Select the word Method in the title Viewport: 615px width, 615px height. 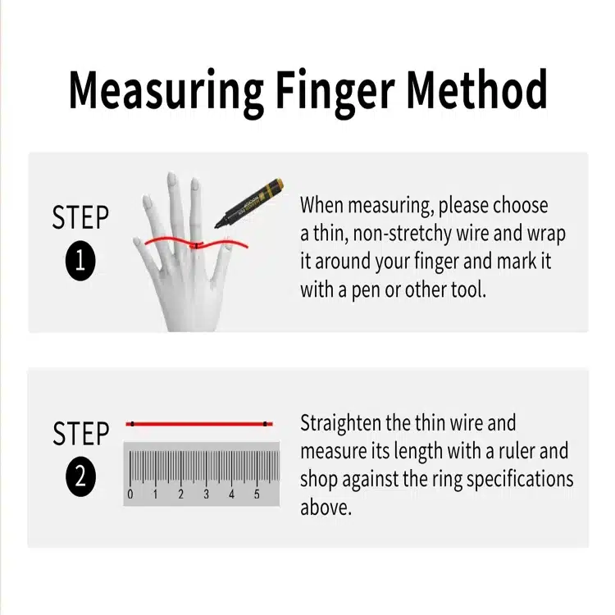click(476, 89)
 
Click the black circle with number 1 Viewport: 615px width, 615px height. click(80, 261)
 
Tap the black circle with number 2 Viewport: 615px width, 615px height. click(81, 476)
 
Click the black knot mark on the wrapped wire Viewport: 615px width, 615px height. click(195, 246)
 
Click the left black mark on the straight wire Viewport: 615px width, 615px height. click(133, 424)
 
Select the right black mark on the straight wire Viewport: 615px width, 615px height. click(266, 424)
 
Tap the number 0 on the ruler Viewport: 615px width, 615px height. click(130, 494)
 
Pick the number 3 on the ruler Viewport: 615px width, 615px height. click(207, 494)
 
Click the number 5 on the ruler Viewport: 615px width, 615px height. click(257, 494)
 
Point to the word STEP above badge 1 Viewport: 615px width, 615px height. click(80, 217)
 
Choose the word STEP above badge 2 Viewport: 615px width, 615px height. click(81, 433)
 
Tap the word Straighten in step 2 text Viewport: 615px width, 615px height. click(340, 424)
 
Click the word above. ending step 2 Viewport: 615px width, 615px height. click(326, 507)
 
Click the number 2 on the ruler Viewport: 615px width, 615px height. click(181, 494)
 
